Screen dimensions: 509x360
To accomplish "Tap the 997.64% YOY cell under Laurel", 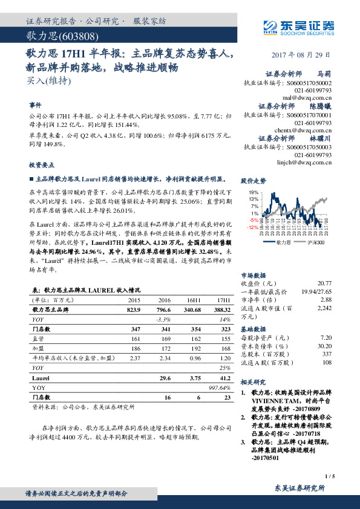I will click(x=220, y=387).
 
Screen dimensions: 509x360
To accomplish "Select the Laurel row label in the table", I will click(x=41, y=378).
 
